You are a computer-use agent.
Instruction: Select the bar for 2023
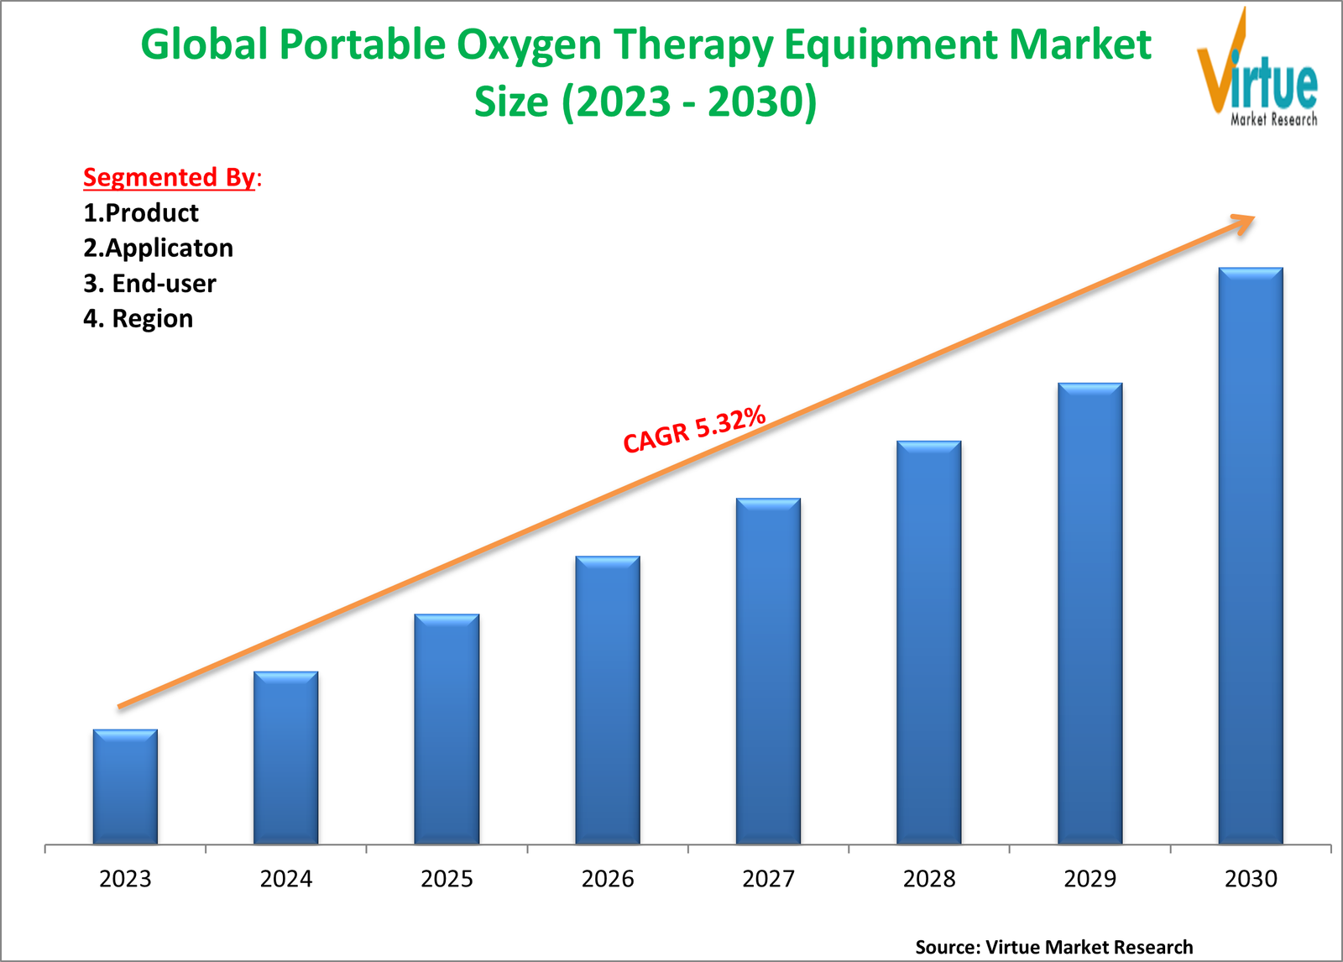tap(125, 787)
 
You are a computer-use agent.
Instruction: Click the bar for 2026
tap(608, 700)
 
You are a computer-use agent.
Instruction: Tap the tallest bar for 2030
tap(1251, 556)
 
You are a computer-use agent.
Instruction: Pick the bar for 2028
tap(929, 642)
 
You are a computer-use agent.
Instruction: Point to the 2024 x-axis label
tap(286, 879)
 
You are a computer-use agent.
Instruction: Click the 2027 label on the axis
tap(768, 879)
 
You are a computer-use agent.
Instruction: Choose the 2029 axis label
tap(1090, 879)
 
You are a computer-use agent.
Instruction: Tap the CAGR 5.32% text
tap(694, 429)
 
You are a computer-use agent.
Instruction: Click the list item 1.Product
tap(141, 213)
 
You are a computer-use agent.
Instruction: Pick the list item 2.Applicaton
tap(158, 248)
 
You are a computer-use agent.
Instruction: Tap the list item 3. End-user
tap(149, 284)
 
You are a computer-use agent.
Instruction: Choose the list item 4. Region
tap(138, 319)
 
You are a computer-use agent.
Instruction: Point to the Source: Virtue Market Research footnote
tap(1053, 947)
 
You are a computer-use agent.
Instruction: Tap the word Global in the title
tap(204, 44)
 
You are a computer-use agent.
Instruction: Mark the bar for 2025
tap(447, 729)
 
